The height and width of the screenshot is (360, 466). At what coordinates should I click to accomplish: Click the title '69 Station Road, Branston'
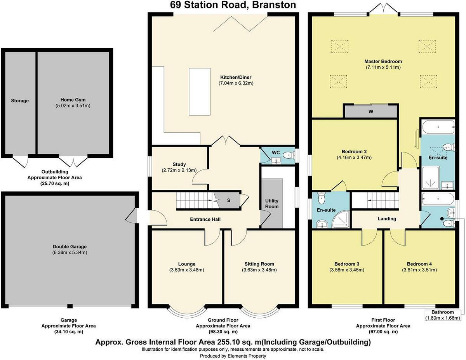[233, 5]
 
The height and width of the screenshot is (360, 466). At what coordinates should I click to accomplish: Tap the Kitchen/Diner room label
[236, 77]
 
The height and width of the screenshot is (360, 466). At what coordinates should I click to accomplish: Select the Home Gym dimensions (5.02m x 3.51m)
[73, 106]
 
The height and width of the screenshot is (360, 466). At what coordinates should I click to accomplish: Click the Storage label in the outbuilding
[20, 101]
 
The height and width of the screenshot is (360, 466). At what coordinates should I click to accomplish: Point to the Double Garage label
[70, 246]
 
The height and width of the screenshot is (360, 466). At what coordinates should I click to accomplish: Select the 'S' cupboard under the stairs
[228, 201]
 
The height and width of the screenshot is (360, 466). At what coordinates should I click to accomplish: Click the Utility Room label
[272, 204]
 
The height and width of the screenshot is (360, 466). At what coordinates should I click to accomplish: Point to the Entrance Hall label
[205, 220]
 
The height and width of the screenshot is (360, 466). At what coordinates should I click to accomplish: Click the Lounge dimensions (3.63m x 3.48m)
[187, 270]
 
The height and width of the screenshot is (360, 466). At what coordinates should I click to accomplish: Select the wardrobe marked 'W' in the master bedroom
[371, 111]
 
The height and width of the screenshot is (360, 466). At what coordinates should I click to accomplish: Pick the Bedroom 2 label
[354, 151]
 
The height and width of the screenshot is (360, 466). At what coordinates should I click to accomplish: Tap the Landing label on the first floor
[387, 219]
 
